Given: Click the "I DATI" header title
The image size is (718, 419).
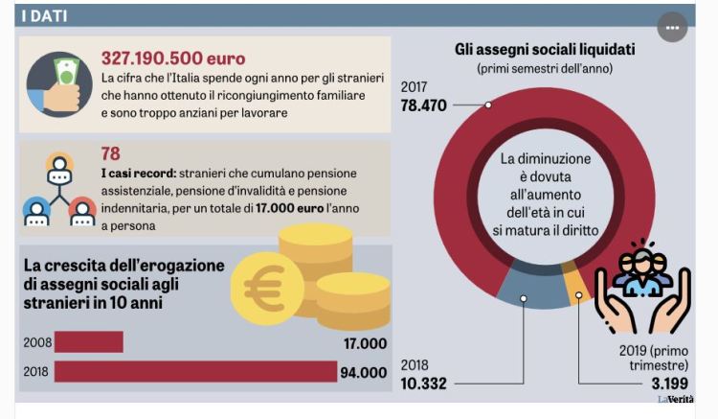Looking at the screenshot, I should pyautogui.click(x=44, y=16).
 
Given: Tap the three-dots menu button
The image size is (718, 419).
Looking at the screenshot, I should pyautogui.click(x=672, y=28).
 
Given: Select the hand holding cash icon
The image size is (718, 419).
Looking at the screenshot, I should pyautogui.click(x=59, y=84).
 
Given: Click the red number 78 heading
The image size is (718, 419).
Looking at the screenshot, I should pyautogui.click(x=111, y=153).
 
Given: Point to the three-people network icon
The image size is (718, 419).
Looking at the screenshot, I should pyautogui.click(x=59, y=189).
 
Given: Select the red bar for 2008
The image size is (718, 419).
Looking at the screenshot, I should pyautogui.click(x=89, y=342).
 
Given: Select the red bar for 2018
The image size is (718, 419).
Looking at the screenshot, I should pyautogui.click(x=195, y=372).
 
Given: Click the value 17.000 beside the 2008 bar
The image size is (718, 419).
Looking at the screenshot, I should pyautogui.click(x=364, y=343).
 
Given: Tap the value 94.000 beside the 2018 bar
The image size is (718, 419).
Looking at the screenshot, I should pyautogui.click(x=364, y=373).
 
